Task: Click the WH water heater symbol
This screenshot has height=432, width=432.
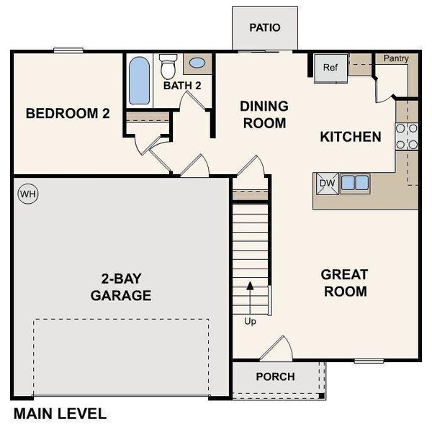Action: (27, 194)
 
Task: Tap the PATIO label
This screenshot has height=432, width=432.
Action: (264, 28)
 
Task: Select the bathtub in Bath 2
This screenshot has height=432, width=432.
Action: (139, 81)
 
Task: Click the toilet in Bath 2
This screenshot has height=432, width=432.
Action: (168, 67)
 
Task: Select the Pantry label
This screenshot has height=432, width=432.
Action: (396, 58)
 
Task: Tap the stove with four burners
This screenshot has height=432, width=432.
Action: (407, 136)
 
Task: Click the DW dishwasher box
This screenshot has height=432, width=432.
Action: (327, 183)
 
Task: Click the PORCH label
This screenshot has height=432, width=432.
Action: (274, 377)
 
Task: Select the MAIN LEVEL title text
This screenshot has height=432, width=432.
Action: (60, 414)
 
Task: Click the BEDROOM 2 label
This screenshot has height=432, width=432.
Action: (68, 113)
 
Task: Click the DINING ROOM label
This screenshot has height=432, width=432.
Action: (264, 114)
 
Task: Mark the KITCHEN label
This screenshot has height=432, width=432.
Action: (350, 136)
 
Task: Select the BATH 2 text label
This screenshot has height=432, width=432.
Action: (182, 86)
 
